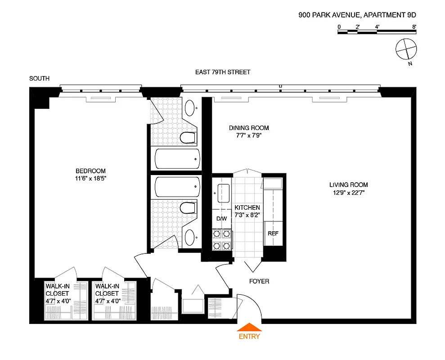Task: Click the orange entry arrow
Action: pyautogui.click(x=249, y=328)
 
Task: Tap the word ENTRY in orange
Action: pyautogui.click(x=249, y=336)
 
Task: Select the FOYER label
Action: pyautogui.click(x=259, y=281)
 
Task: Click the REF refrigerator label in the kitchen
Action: pyautogui.click(x=273, y=234)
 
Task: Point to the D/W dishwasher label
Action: pyautogui.click(x=222, y=219)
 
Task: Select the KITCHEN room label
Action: pyautogui.click(x=247, y=207)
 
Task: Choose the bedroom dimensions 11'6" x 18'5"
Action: pyautogui.click(x=90, y=178)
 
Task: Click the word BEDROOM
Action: pyautogui.click(x=90, y=171)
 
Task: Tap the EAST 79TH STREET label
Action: pyautogui.click(x=222, y=72)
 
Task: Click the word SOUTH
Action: pyautogui.click(x=39, y=79)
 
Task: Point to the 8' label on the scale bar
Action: pyautogui.click(x=414, y=27)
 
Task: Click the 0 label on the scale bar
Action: pyautogui.click(x=339, y=27)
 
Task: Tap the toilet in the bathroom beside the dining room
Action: pyautogui.click(x=188, y=137)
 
